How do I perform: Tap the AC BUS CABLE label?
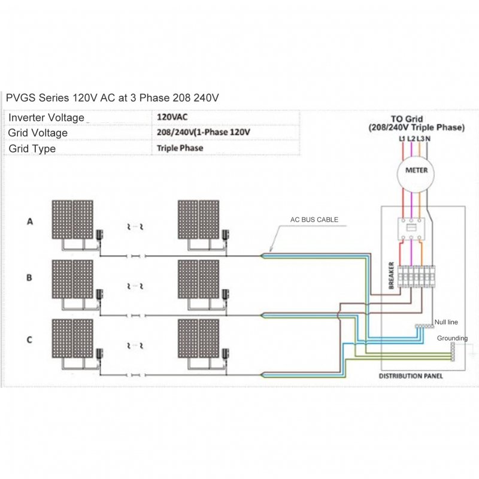click(x=314, y=220)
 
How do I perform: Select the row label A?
click(x=29, y=221)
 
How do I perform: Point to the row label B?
click(x=29, y=278)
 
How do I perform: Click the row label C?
click(x=29, y=339)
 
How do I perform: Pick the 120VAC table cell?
click(x=172, y=117)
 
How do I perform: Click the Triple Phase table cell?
click(x=180, y=148)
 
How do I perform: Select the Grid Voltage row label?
click(x=38, y=133)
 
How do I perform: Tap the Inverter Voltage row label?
click(x=46, y=117)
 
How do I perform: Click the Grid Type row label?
click(x=32, y=148)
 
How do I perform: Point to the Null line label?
click(x=446, y=322)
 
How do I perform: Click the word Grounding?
click(x=452, y=338)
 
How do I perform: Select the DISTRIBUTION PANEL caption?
click(x=411, y=376)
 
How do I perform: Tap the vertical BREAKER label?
click(x=392, y=275)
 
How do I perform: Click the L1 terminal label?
click(x=402, y=139)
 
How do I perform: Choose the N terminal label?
click(x=428, y=139)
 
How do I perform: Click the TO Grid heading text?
click(x=407, y=119)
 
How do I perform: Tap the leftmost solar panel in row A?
click(x=62, y=220)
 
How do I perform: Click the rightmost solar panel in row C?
click(x=209, y=338)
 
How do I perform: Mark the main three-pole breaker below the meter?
click(x=411, y=229)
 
